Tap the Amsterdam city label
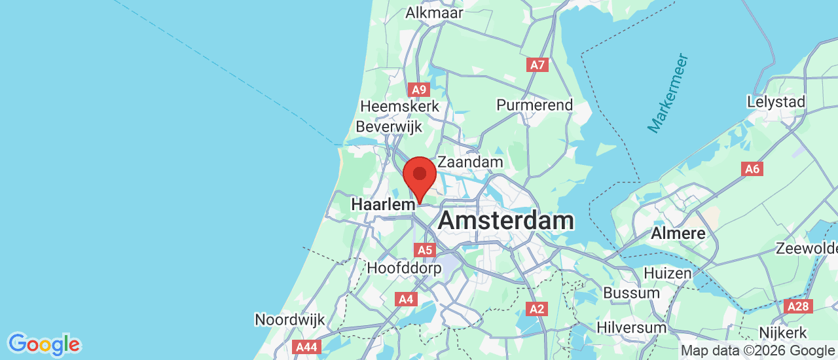pyautogui.click(x=505, y=221)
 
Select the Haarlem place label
pyautogui.click(x=383, y=204)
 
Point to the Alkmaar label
pyautogui.click(x=434, y=13)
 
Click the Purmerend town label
pyautogui.click(x=534, y=105)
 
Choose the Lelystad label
pyautogui.click(x=776, y=102)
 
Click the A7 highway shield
pyautogui.click(x=537, y=64)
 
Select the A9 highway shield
pyautogui.click(x=419, y=90)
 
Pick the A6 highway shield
pyautogui.click(x=752, y=169)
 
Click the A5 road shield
pyautogui.click(x=425, y=249)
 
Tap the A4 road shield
pyautogui.click(x=406, y=299)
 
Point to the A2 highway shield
pyautogui.click(x=537, y=308)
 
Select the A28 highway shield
pyautogui.click(x=799, y=306)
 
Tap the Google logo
pyautogui.click(x=44, y=344)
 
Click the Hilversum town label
pyautogui.click(x=634, y=327)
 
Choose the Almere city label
pyautogui.click(x=678, y=233)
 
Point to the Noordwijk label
pyautogui.click(x=289, y=320)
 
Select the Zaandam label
pyautogui.click(x=470, y=162)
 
